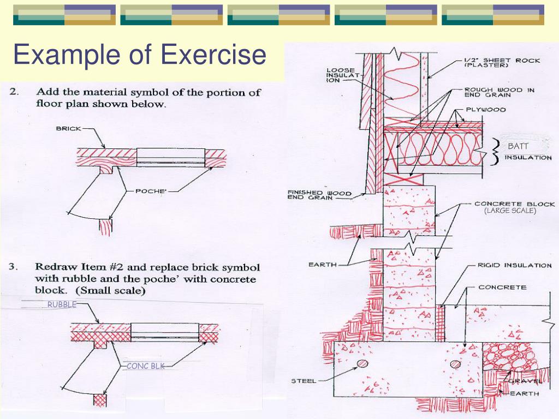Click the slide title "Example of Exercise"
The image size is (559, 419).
coord(140,56)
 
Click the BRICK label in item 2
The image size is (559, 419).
coord(68,129)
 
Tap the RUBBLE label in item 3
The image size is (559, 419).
coord(62,305)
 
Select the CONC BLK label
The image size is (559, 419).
coord(145,367)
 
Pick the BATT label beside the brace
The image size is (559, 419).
coord(518,146)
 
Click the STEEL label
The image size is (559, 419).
coord(304,381)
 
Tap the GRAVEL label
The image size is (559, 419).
coord(525,381)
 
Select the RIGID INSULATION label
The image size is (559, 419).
coord(514,266)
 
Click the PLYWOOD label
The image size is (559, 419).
coord(485,110)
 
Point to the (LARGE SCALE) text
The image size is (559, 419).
coord(510,211)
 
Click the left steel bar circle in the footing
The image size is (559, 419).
coord(362,364)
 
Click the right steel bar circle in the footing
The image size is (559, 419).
coord(455,364)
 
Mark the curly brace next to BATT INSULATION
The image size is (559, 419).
coord(496,152)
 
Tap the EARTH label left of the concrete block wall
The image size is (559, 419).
coord(322,265)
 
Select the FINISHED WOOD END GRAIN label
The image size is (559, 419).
coord(319,195)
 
